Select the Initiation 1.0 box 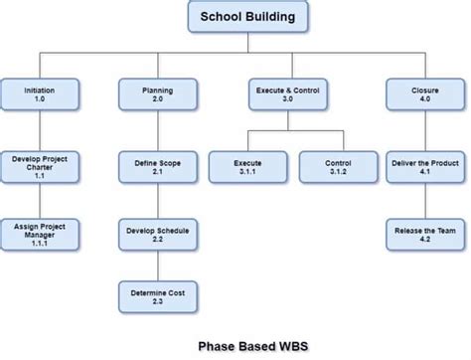(x=40, y=94)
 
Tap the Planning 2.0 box (x=157, y=94)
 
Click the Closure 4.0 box (x=424, y=94)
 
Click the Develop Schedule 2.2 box (x=157, y=235)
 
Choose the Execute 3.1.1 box (x=247, y=165)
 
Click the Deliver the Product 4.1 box (x=424, y=165)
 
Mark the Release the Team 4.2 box (x=424, y=235)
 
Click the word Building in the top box (x=273, y=18)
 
